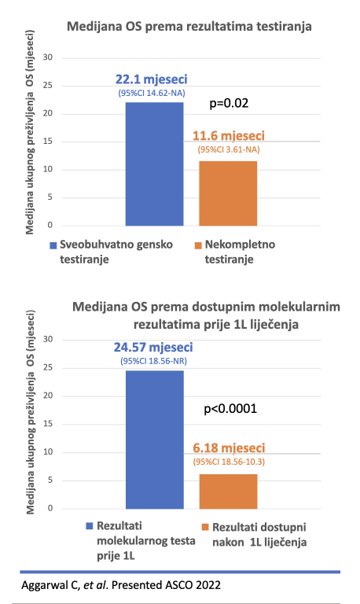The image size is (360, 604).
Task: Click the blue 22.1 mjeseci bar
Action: coord(154,164)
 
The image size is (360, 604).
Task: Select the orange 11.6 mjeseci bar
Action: coord(228,193)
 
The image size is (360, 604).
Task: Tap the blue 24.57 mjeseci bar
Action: coord(155,440)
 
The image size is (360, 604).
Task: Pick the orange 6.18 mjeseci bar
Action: coord(228,492)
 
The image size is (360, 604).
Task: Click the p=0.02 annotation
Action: coord(229,103)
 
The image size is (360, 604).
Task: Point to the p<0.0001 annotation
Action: coord(230,409)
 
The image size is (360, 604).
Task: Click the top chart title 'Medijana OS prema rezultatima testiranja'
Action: coord(189,27)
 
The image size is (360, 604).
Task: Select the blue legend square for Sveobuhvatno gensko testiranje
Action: coord(53,245)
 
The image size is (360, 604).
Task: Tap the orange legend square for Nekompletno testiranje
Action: coord(198,245)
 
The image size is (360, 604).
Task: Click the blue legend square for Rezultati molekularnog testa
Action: coord(90,526)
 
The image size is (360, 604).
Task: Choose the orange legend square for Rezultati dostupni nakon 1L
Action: coord(205,527)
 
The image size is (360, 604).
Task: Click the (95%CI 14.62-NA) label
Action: coord(152,94)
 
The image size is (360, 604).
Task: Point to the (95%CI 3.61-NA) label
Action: coord(229,149)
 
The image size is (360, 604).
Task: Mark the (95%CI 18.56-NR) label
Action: coord(153,361)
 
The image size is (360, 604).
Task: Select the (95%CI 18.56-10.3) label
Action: coord(229,462)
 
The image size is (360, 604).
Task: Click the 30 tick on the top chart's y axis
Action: coord(48,57)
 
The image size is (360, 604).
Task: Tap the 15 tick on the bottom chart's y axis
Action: coord(48,424)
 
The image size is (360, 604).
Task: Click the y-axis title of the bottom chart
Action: coord(31,412)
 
